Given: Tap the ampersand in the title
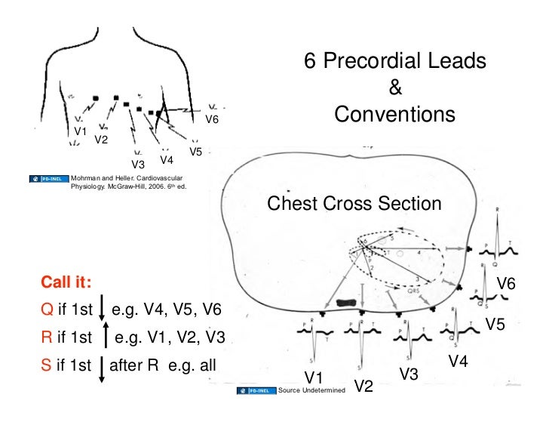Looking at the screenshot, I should [x=394, y=88].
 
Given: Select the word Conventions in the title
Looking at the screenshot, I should [x=394, y=115].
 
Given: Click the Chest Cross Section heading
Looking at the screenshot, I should [x=354, y=204].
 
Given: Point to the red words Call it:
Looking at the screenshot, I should [x=66, y=282].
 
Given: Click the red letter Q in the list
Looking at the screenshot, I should [x=47, y=310].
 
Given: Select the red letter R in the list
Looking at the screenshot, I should [x=47, y=338].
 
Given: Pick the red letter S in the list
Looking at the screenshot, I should [x=46, y=367].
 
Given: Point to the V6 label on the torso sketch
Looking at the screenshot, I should [x=213, y=119].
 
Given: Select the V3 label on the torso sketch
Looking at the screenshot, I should [x=138, y=164].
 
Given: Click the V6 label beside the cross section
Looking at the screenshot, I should [x=506, y=284].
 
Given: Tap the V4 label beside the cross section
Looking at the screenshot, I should [x=459, y=362].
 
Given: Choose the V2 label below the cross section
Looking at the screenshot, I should [x=363, y=386].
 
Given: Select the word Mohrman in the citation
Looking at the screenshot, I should [x=86, y=177].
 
